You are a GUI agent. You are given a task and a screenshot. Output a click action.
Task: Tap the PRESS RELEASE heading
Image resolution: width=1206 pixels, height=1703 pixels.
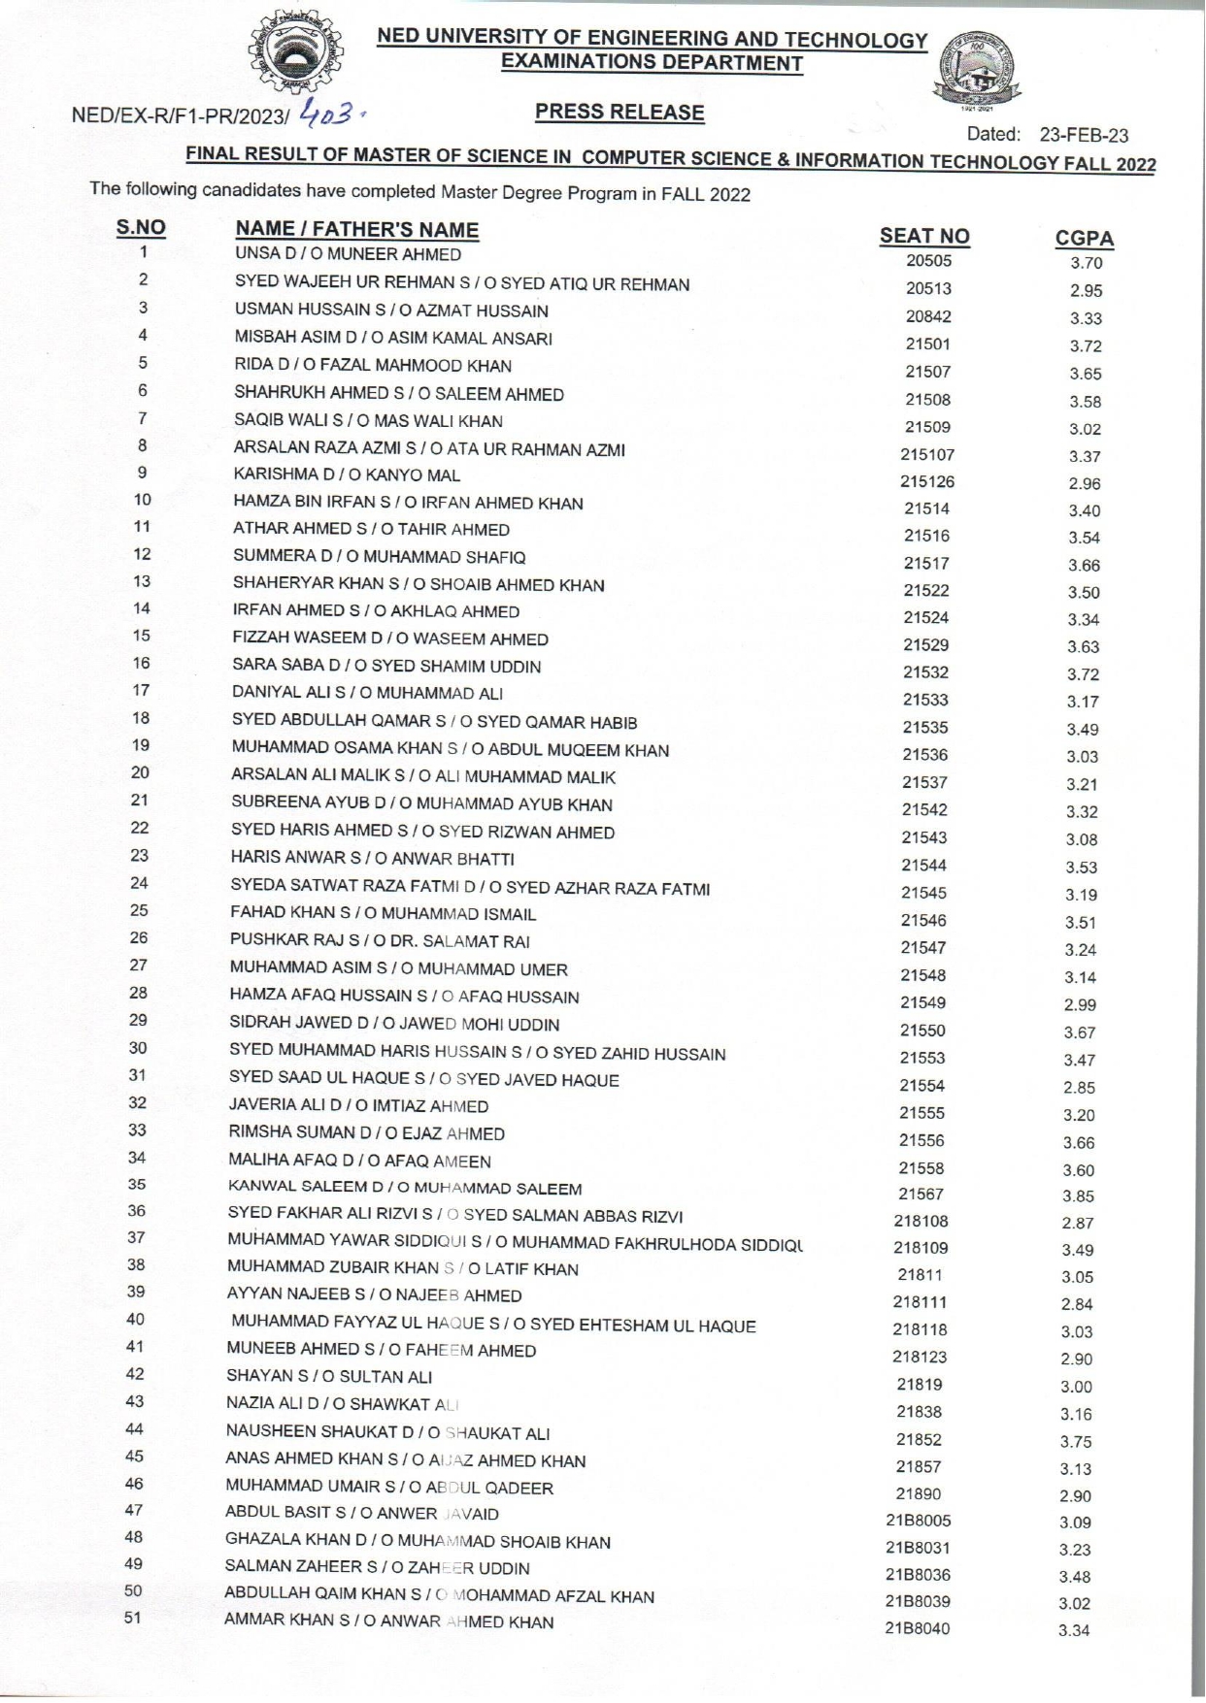coord(620,113)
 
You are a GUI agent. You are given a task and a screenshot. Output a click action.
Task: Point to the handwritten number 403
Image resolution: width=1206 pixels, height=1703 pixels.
coord(331,115)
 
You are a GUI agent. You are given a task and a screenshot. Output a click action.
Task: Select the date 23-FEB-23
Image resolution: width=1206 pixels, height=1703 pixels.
coord(1084,136)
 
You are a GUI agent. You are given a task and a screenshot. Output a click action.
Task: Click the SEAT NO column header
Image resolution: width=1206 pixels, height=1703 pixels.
coord(923,237)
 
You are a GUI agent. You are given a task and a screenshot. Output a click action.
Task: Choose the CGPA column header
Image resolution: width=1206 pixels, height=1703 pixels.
coord(1085,239)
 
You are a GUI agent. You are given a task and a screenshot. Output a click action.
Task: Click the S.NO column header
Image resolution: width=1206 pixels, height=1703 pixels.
coord(141,228)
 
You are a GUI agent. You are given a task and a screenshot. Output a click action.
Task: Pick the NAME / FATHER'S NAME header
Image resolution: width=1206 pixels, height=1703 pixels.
coord(356,230)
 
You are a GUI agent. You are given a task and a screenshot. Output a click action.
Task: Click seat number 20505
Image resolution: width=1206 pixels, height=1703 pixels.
coord(928,261)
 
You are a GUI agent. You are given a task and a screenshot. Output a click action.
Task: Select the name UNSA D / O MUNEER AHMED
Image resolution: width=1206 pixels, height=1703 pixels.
coord(348,255)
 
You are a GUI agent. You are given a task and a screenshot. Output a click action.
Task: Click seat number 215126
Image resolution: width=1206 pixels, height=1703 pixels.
coord(926,481)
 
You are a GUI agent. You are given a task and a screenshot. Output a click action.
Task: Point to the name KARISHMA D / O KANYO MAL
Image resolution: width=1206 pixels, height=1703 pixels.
coord(347,475)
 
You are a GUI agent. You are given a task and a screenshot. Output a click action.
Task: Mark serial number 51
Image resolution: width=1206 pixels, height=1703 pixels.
coord(133,1618)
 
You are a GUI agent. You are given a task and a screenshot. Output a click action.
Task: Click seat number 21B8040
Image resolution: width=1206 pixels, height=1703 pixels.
coord(917,1628)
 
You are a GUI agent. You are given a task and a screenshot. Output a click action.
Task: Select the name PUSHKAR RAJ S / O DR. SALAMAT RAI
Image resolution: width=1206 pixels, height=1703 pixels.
coord(380,941)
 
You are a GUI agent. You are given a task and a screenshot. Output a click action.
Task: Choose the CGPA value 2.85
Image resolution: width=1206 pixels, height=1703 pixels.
coord(1079,1088)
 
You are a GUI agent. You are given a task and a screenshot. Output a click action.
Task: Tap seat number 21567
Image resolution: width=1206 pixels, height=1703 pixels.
coord(921,1195)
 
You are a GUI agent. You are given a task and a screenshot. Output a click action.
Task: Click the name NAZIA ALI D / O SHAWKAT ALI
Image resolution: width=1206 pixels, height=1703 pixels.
coord(342,1404)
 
